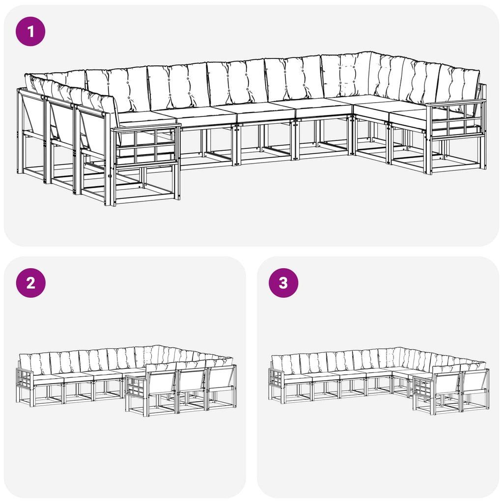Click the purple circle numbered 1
30,32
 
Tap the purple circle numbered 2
31,283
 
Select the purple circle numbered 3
283,283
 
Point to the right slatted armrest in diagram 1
455,119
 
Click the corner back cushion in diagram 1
346,75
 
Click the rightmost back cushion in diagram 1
459,84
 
